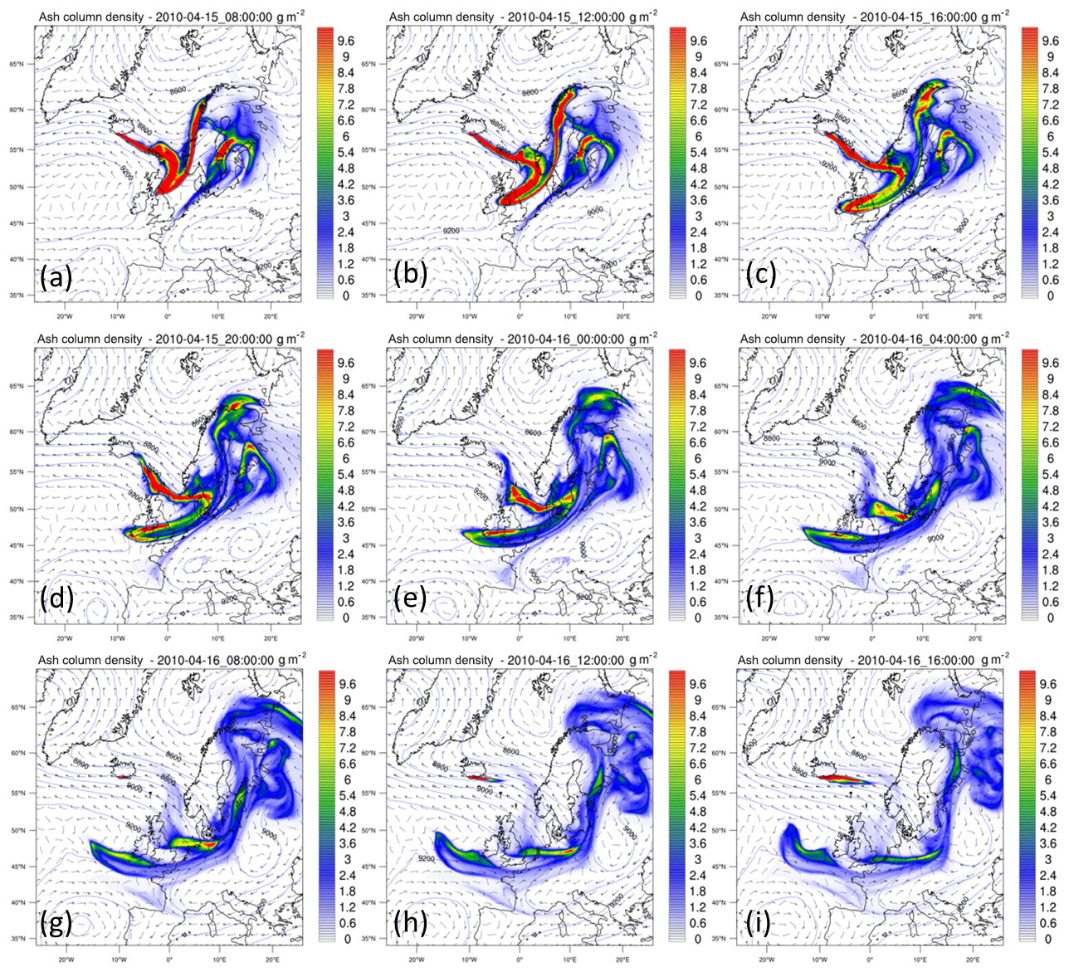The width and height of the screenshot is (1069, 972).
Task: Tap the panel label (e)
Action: click(x=408, y=598)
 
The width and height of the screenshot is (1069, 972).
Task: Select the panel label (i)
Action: click(x=759, y=921)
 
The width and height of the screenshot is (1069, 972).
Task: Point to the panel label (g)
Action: click(x=56, y=921)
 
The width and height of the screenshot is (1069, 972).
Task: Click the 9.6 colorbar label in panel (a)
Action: click(x=345, y=41)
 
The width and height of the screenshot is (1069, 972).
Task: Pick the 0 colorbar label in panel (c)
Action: click(x=1050, y=296)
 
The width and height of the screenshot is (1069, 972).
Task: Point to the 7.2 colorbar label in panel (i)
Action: click(x=1048, y=748)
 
